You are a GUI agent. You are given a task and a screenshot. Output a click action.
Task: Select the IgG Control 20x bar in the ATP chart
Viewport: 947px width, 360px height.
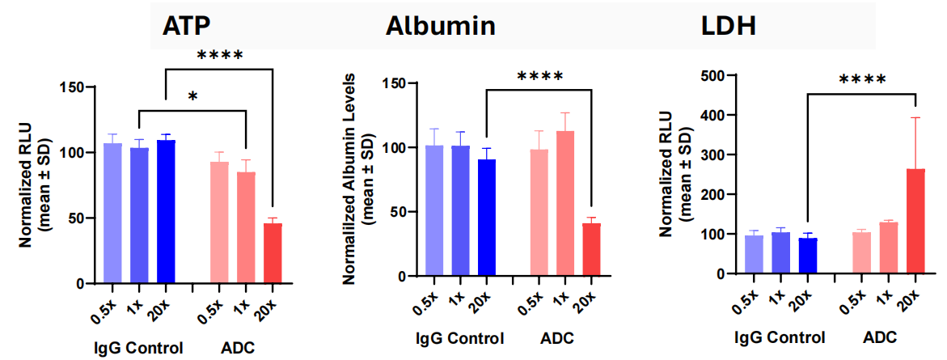click(165, 212)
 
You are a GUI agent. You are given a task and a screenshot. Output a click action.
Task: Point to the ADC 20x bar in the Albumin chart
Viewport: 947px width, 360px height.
click(592, 250)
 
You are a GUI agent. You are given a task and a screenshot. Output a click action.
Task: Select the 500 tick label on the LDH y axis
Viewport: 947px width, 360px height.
click(716, 76)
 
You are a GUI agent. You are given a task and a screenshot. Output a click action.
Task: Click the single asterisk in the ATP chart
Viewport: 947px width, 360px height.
click(192, 97)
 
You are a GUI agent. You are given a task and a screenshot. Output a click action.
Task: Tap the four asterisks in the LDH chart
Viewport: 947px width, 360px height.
click(862, 81)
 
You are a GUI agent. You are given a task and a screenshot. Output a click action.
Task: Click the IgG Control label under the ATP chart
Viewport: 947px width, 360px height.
click(139, 349)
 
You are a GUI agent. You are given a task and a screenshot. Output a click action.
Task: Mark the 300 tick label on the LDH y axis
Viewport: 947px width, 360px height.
click(716, 155)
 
